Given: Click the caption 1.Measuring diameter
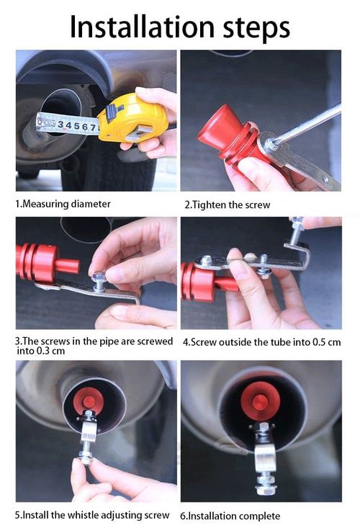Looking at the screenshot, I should point(63,204).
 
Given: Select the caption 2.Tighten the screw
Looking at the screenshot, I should point(228,205).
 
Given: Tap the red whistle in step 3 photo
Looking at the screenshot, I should point(43,261).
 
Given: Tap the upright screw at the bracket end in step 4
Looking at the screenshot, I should point(296,231).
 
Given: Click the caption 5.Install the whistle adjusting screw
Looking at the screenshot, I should point(93,515).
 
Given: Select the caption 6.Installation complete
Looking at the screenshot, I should point(230,516).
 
